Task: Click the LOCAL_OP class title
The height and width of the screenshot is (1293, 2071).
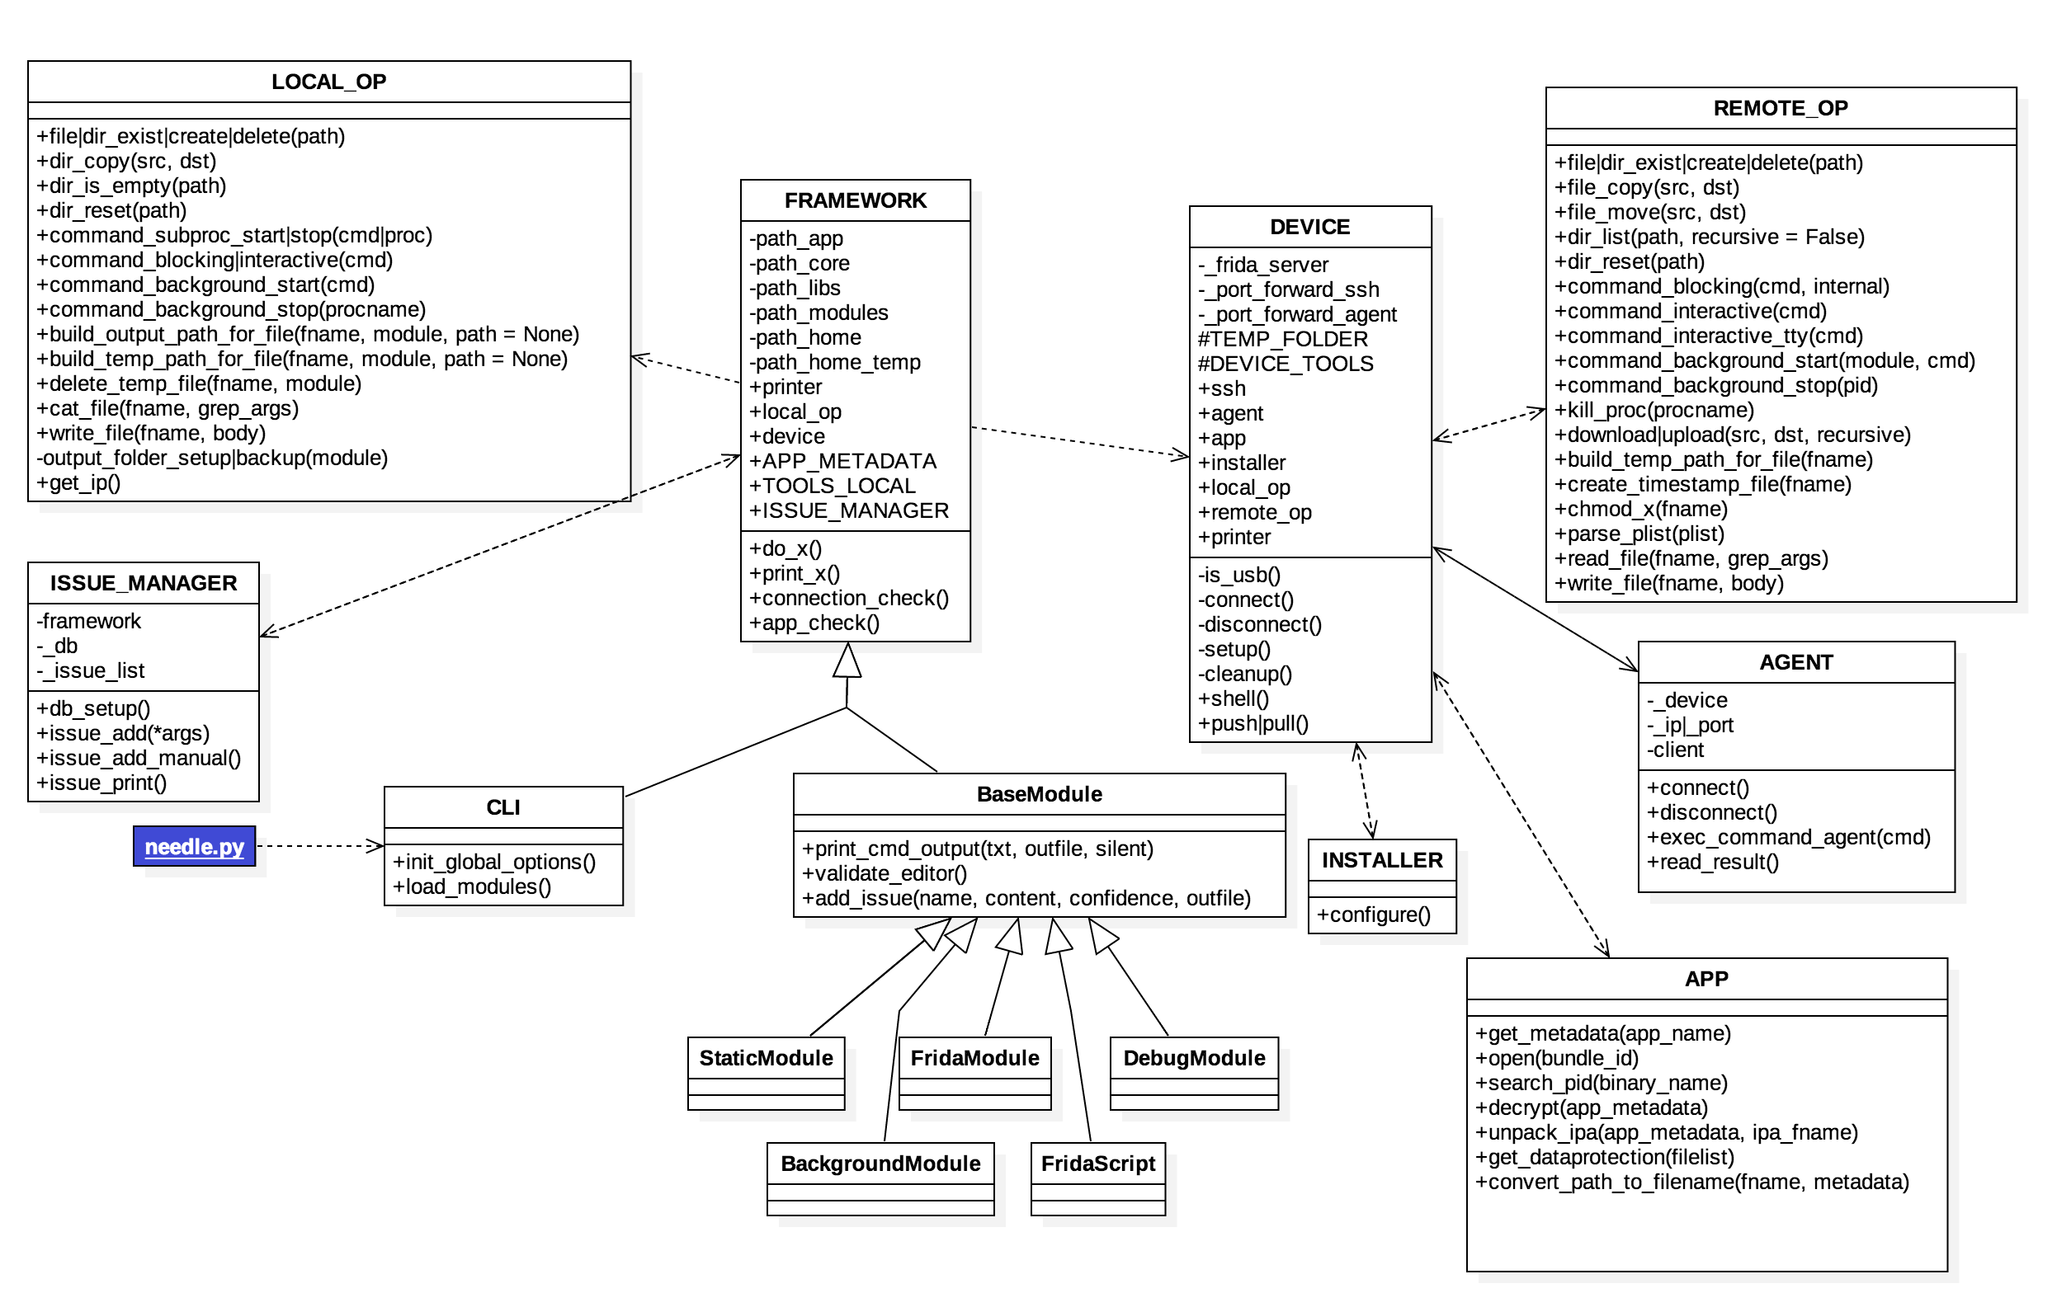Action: pyautogui.click(x=328, y=82)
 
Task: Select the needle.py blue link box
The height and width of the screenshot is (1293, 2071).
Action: pyautogui.click(x=194, y=847)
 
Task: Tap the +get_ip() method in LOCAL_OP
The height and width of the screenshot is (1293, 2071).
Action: pyautogui.click(x=78, y=483)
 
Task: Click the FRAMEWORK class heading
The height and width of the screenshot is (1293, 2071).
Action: pyautogui.click(x=855, y=201)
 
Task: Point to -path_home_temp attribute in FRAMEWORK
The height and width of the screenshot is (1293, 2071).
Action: pyautogui.click(x=835, y=363)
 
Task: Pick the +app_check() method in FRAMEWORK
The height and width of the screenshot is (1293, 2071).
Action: pyautogui.click(x=814, y=623)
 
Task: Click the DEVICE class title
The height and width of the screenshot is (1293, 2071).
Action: pyautogui.click(x=1309, y=228)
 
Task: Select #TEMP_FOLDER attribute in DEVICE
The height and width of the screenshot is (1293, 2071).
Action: pyautogui.click(x=1282, y=340)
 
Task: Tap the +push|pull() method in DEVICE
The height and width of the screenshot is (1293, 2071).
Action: pyautogui.click(x=1253, y=724)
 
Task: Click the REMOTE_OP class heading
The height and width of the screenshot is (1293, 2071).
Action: pyautogui.click(x=1781, y=109)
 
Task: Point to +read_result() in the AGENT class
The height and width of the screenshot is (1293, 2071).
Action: pyautogui.click(x=1713, y=863)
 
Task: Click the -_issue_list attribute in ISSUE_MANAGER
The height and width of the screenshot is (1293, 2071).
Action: pyautogui.click(x=91, y=671)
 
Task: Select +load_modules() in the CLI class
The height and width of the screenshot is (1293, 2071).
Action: pyautogui.click(x=471, y=887)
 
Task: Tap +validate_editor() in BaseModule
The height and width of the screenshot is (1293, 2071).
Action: pyautogui.click(x=885, y=874)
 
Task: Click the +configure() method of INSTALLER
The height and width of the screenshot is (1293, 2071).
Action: pyautogui.click(x=1373, y=915)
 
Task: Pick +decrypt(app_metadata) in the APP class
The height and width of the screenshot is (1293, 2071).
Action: pyautogui.click(x=1591, y=1108)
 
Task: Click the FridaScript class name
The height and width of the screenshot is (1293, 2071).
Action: pyautogui.click(x=1097, y=1164)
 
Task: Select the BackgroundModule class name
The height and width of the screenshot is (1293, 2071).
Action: pyautogui.click(x=880, y=1164)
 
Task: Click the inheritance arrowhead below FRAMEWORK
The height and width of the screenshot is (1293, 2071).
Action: pyautogui.click(x=847, y=661)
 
